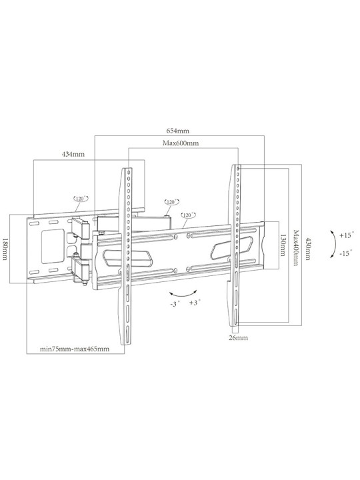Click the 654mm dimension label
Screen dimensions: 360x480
click(177, 131)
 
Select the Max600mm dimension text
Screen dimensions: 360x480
click(180, 143)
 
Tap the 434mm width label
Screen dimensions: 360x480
click(73, 154)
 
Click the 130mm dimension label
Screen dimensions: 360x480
click(283, 245)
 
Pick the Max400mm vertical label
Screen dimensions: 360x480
click(295, 248)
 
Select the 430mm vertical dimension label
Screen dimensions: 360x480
click(307, 249)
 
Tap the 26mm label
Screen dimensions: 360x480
click(239, 338)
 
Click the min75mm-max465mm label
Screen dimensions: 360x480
click(75, 349)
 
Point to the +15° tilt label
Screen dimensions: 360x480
click(346, 235)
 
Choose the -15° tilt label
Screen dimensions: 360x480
click(346, 254)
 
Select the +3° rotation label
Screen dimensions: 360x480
click(195, 303)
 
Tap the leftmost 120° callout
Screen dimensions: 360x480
click(81, 199)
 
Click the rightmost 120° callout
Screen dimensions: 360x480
click(188, 215)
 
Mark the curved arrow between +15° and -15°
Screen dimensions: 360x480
click(335, 245)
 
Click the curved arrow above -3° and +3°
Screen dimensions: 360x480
click(183, 295)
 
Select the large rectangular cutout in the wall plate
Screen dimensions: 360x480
click(53, 247)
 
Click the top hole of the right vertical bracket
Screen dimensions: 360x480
click(238, 169)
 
